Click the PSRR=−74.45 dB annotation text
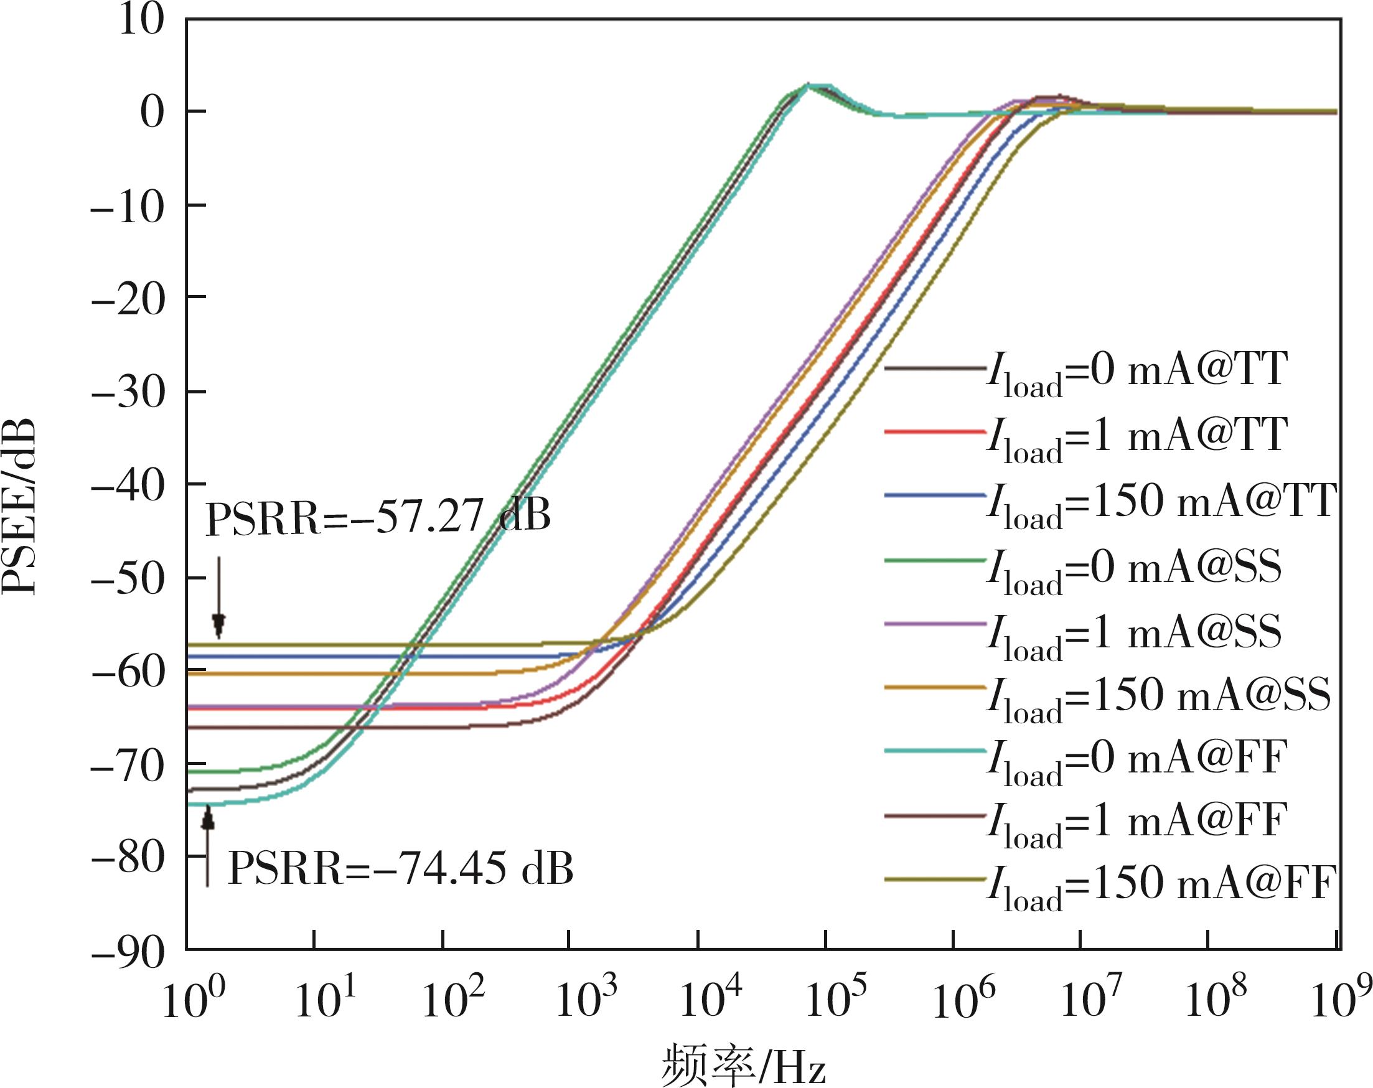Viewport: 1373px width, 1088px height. tap(401, 869)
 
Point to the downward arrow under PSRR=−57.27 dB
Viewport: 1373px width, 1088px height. tap(219, 596)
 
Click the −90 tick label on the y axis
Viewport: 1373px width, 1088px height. tap(128, 954)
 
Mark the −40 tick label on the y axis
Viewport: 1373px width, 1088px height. tap(128, 485)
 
